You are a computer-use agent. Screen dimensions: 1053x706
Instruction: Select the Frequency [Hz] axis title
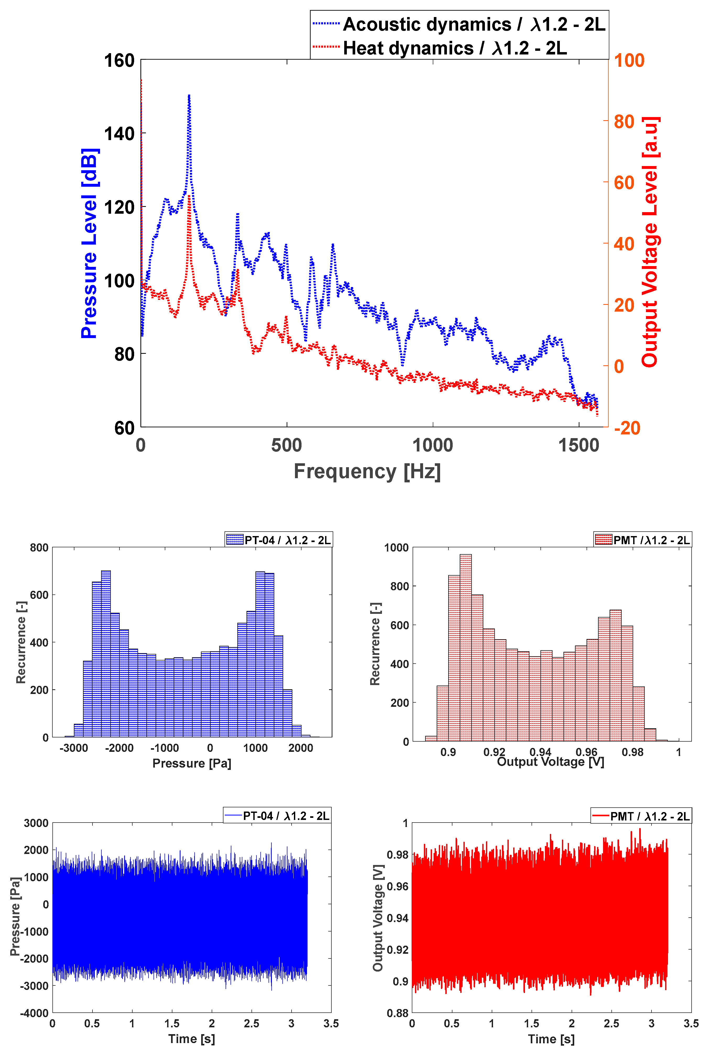click(x=367, y=472)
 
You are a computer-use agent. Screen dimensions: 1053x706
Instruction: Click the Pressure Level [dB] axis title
click(x=89, y=243)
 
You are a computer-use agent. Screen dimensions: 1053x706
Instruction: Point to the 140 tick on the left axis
click(x=119, y=134)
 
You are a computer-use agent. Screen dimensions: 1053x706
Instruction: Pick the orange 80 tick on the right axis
click(x=624, y=122)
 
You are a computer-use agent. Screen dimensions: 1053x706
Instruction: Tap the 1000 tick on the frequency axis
click(x=433, y=445)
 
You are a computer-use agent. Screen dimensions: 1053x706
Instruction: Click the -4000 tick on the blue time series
click(x=34, y=1013)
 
